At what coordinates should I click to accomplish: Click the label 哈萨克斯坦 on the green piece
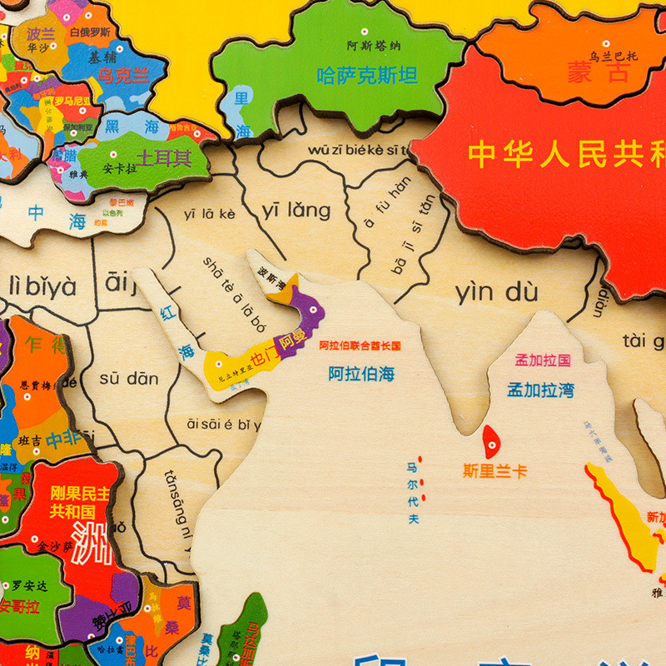[367, 76]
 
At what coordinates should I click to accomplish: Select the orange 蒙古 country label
[599, 72]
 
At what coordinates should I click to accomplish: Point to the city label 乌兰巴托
[614, 57]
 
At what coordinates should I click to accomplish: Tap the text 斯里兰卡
[495, 471]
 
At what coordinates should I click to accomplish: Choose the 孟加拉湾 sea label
[541, 390]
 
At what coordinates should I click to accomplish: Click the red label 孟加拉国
[543, 360]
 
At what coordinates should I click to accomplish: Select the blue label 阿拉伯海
[361, 374]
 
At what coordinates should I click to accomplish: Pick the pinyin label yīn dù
[496, 292]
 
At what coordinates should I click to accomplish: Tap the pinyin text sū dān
[129, 379]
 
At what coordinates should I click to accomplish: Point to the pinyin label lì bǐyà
[42, 286]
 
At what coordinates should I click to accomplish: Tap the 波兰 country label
[39, 34]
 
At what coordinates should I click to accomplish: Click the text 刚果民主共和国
[79, 501]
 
